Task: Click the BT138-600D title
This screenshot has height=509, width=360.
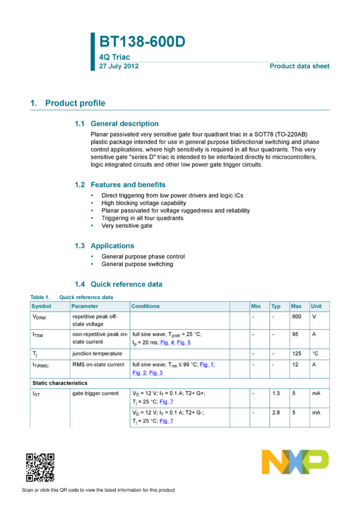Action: coord(142,42)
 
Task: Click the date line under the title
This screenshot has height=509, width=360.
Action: coord(119,66)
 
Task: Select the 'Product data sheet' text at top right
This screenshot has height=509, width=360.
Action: coord(300,66)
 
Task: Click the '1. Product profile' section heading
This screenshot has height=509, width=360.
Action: coord(68,103)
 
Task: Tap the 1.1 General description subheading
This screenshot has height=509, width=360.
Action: coord(117,123)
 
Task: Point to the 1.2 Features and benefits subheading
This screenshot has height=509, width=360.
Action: coord(120,184)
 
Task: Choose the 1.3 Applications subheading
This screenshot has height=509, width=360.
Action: coord(104,246)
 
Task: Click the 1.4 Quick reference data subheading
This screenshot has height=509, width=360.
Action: coord(119,284)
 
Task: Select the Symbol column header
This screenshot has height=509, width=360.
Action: coord(41,307)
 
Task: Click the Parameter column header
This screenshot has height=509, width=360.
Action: coord(84,307)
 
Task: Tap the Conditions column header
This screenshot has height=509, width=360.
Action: coord(146,307)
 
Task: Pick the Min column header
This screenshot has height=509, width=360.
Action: coord(256,307)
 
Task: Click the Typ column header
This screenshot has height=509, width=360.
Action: coord(276,307)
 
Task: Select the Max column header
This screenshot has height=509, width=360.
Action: coord(296,307)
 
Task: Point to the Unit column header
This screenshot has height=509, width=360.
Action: coord(316,307)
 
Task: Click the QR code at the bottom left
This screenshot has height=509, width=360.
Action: coord(40,468)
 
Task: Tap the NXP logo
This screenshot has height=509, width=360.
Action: coord(295,462)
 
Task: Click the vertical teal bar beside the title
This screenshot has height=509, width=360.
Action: coord(92,51)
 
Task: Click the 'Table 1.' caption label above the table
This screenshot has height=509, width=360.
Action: coord(40,296)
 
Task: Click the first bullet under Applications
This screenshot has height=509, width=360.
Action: coord(92,256)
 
